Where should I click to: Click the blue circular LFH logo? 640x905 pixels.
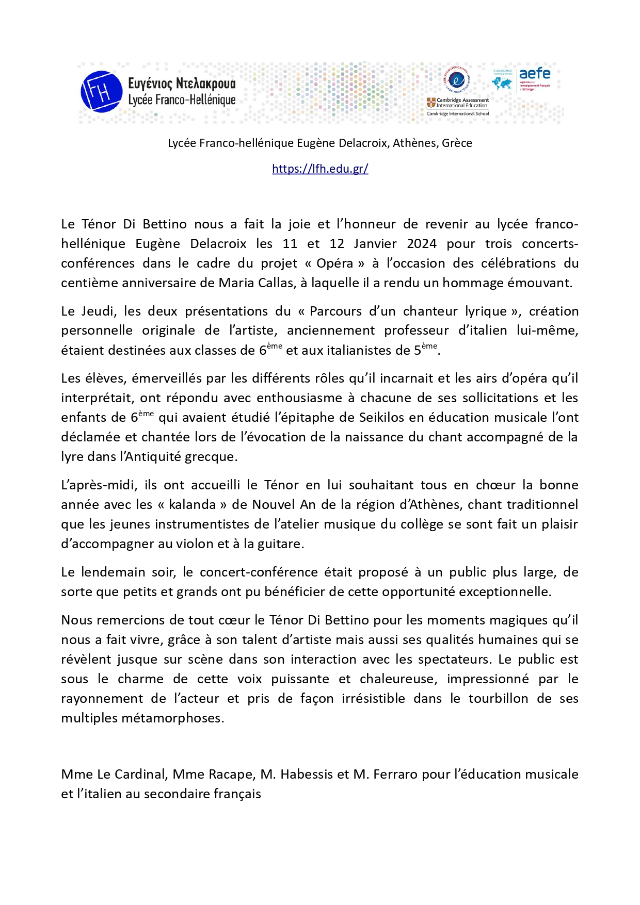tap(101, 92)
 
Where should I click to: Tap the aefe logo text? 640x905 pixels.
tap(534, 74)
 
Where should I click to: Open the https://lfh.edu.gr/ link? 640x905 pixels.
tap(320, 169)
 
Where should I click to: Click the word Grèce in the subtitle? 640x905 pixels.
tap(457, 143)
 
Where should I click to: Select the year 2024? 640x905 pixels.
tap(422, 243)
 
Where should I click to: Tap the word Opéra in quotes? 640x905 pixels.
tap(335, 263)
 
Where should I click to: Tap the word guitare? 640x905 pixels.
tap(281, 544)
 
